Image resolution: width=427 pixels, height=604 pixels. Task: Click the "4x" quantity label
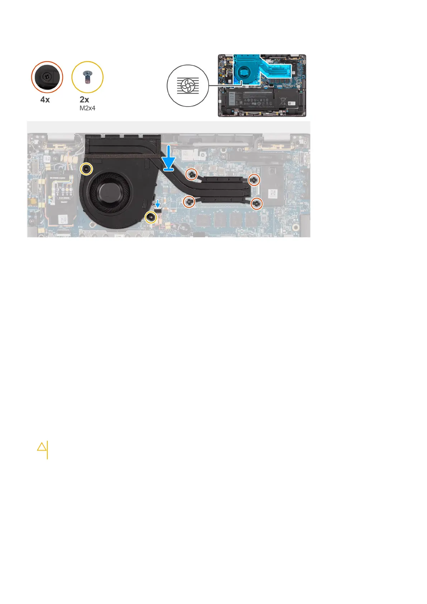click(x=45, y=100)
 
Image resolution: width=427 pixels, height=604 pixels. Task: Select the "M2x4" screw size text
click(x=87, y=108)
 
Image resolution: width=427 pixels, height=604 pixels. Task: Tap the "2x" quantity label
click(x=84, y=100)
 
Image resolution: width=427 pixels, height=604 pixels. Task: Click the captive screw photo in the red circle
click(x=47, y=77)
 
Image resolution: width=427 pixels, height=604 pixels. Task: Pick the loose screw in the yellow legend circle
click(x=87, y=77)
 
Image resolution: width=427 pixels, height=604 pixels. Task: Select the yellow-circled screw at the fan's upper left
click(x=86, y=169)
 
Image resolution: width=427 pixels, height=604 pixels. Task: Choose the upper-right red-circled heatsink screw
click(x=254, y=180)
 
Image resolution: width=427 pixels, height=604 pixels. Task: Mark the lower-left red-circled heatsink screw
click(x=189, y=202)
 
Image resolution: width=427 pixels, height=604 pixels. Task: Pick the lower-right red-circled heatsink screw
click(x=256, y=204)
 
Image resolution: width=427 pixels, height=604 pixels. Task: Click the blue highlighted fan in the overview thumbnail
click(x=244, y=71)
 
